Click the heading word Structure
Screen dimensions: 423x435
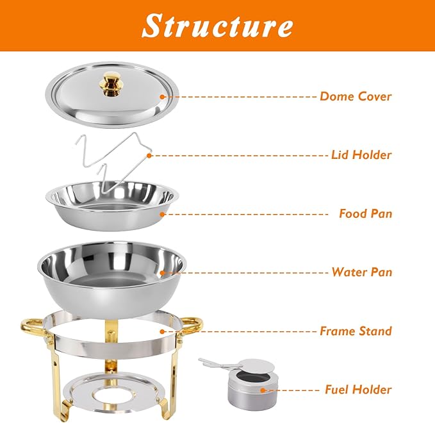click(x=217, y=26)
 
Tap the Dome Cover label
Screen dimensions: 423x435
click(x=356, y=97)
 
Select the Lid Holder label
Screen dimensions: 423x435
click(x=361, y=155)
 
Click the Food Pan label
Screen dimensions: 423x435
click(x=365, y=213)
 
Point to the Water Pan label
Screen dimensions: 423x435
click(x=361, y=272)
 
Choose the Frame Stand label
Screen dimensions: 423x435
click(x=356, y=331)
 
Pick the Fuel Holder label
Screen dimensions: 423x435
click(x=357, y=389)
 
